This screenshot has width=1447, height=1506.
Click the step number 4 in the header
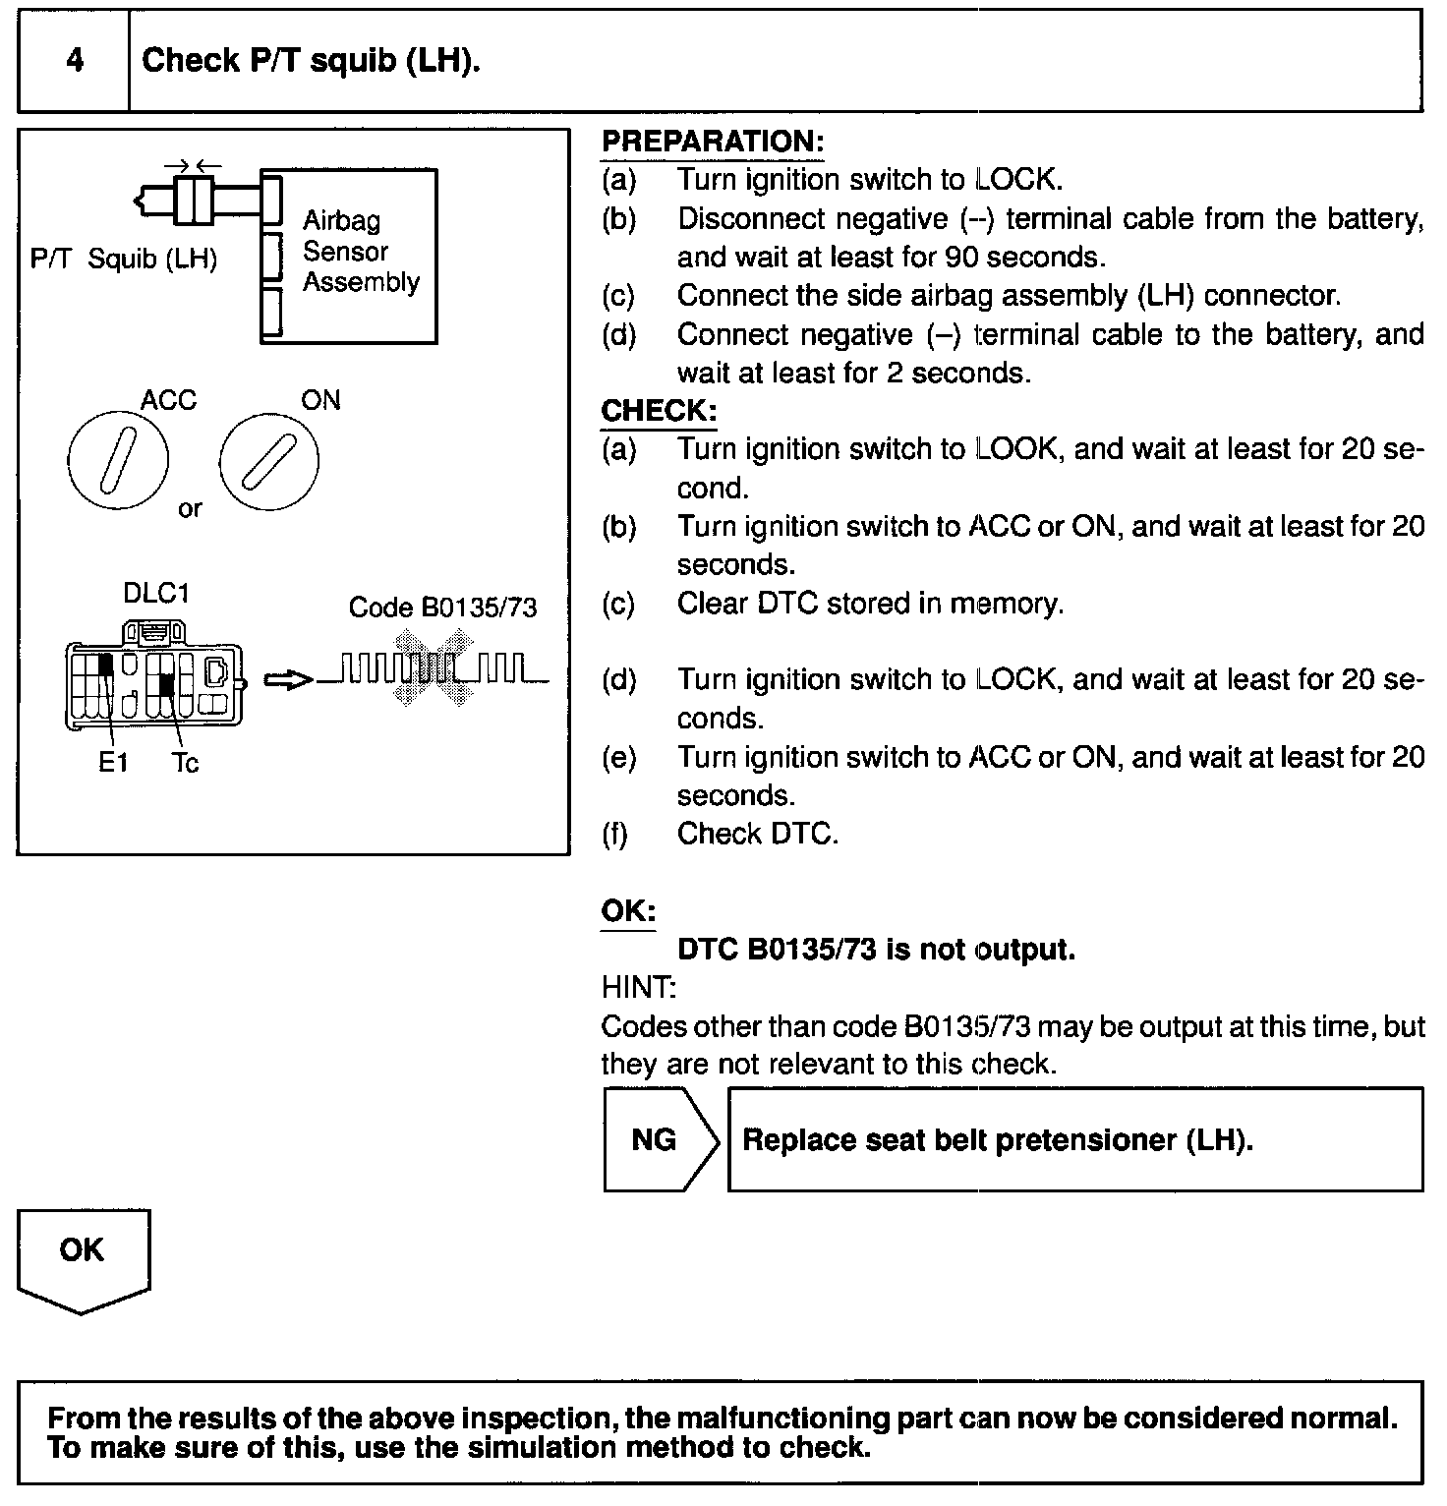coord(75,61)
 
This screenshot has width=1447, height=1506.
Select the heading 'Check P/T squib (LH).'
coord(311,61)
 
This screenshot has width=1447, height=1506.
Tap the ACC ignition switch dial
coord(118,459)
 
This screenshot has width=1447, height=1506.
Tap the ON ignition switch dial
coord(268,459)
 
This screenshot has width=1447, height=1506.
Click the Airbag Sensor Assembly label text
coord(360,252)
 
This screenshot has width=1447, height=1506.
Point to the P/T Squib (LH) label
coord(124,260)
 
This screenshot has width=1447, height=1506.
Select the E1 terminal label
coord(113,763)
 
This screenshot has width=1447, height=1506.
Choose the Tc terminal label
coord(185,763)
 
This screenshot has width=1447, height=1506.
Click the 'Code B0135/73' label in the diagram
coord(442,608)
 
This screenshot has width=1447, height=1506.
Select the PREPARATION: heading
coord(712,142)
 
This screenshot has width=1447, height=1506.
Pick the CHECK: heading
coord(658,411)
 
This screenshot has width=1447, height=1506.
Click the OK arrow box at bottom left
coord(83,1258)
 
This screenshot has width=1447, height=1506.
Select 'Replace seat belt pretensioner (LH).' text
coord(998,1140)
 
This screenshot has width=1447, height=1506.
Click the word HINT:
coord(638,987)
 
